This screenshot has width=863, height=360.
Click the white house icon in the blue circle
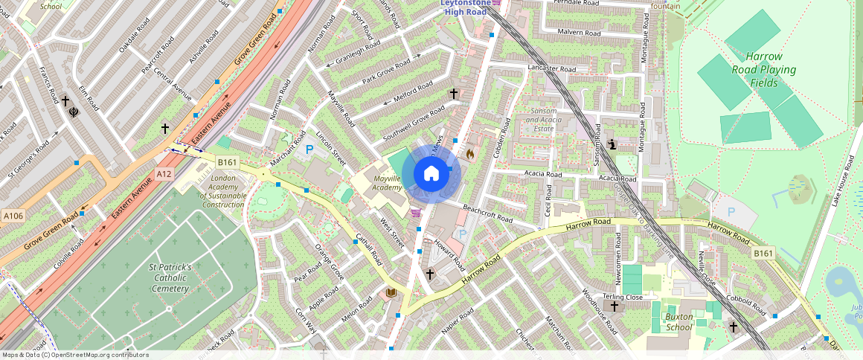point(431,174)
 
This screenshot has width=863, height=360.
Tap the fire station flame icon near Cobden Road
point(470,154)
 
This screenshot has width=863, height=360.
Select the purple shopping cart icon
point(415,213)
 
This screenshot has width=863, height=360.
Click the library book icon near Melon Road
point(391,294)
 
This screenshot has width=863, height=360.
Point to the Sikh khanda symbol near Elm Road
point(74,113)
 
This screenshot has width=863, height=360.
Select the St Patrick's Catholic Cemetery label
point(170,277)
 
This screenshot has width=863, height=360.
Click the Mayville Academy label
point(387,183)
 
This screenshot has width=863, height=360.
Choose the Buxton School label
point(679,321)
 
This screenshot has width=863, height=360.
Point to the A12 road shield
point(164,173)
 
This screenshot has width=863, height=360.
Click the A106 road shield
point(13,216)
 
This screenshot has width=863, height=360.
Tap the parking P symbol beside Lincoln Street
point(309,150)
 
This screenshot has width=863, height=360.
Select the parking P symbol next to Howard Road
point(462,234)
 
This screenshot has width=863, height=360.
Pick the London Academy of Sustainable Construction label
point(223,191)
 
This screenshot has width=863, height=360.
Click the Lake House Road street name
point(838,181)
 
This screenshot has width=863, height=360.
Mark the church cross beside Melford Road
point(453,93)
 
